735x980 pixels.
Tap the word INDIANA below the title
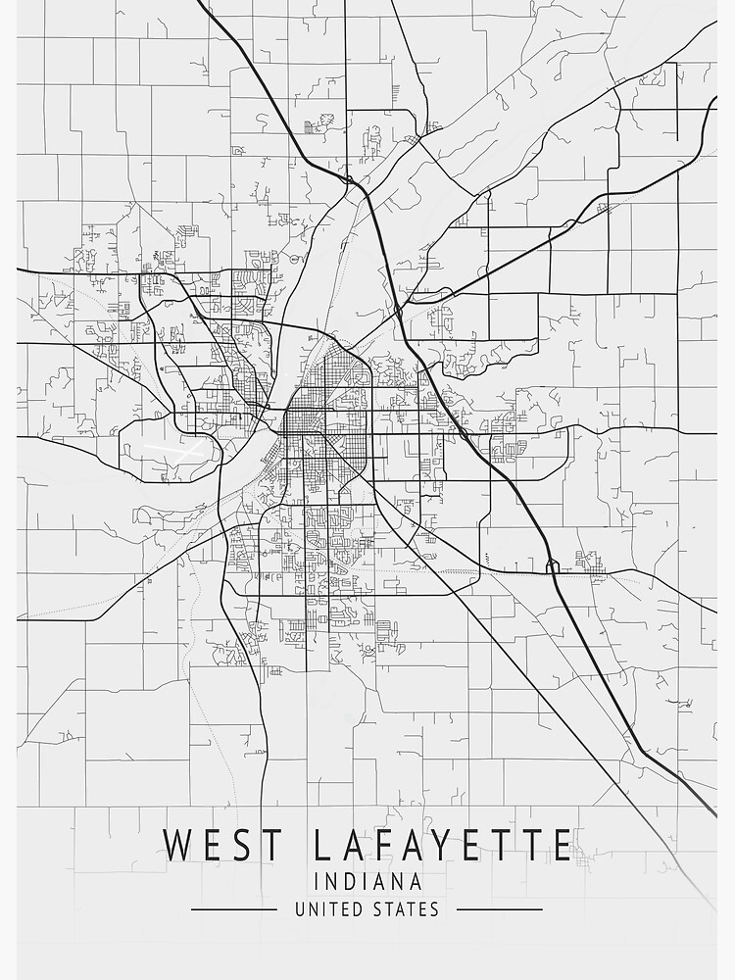tap(367, 881)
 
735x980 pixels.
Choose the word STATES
tap(406, 909)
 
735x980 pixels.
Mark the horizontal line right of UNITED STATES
tap(499, 909)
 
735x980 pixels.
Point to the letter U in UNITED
tap(301, 909)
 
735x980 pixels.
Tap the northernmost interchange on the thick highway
tap(348, 179)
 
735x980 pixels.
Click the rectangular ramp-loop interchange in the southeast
tap(553, 566)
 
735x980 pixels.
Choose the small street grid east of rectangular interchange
tap(590, 562)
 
